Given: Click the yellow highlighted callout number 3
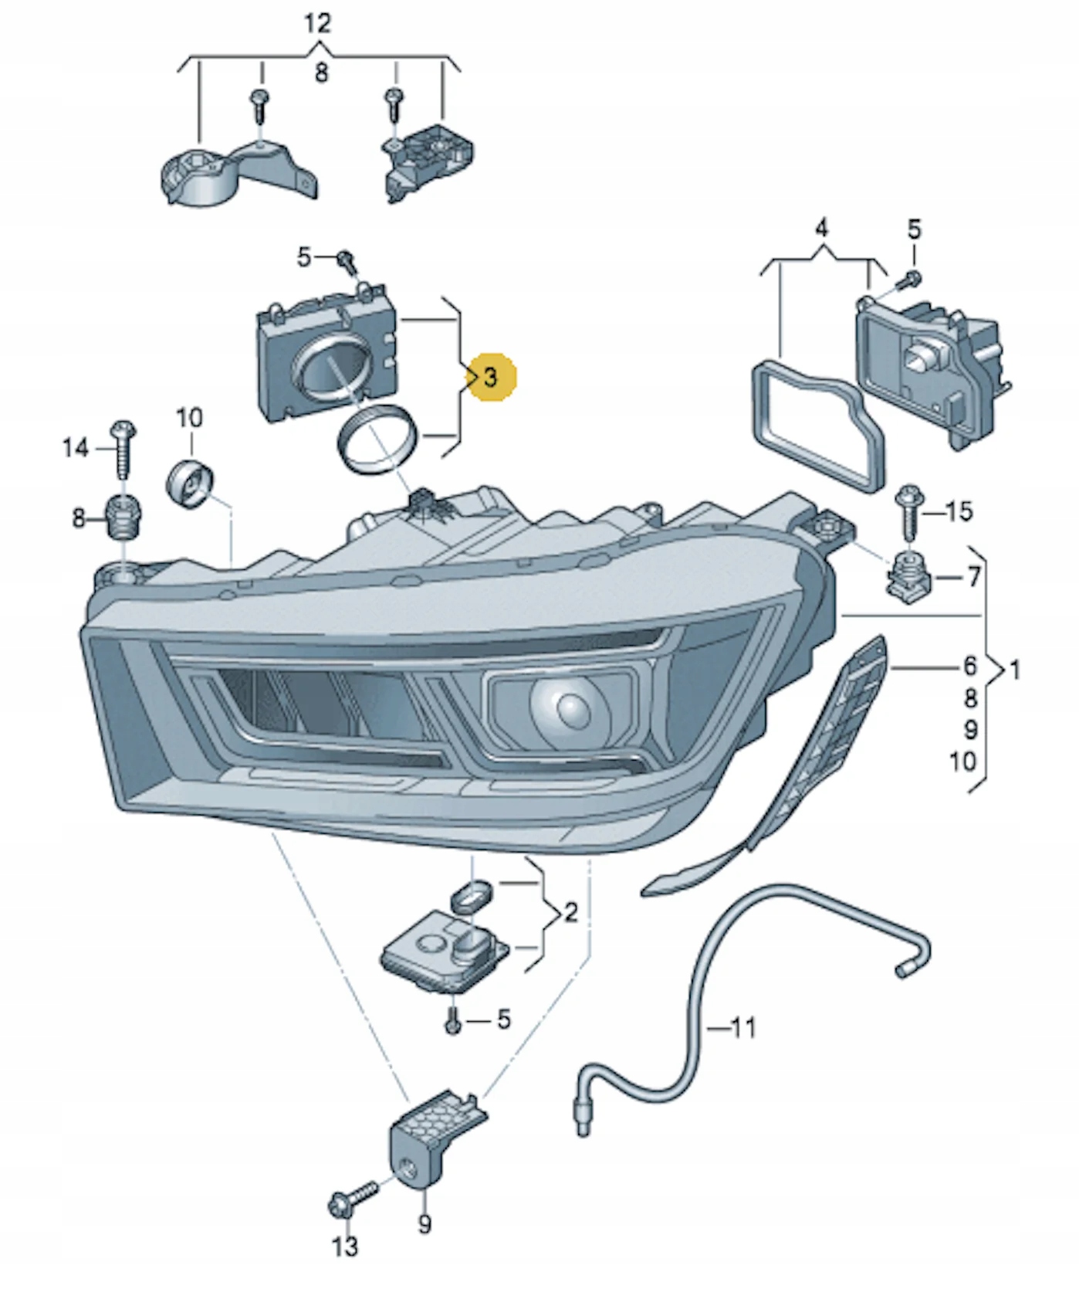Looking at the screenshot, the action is click(x=491, y=378).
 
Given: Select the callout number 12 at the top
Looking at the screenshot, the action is click(x=317, y=23).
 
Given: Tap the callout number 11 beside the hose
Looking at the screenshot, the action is click(x=742, y=1027).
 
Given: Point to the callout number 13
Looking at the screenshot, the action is click(x=345, y=1245).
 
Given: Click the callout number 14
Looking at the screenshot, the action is click(x=75, y=448).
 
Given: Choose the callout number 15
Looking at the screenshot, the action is click(x=959, y=511).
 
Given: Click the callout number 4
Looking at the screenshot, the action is click(x=822, y=229).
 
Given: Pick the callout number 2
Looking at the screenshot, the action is click(x=570, y=913).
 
